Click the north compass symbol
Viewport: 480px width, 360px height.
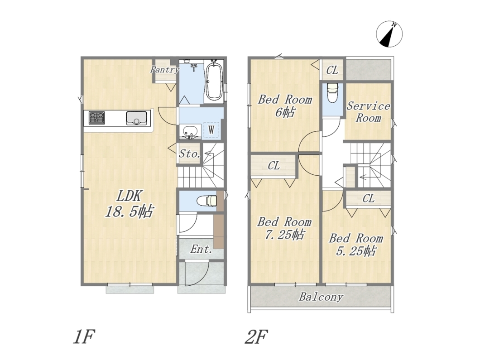389,34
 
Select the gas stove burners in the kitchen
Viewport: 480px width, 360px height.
97,118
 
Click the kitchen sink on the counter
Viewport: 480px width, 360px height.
137,118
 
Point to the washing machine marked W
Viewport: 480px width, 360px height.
211,130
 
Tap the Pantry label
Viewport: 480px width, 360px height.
164,69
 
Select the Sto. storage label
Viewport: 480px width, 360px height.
189,154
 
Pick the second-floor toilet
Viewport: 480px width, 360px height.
332,92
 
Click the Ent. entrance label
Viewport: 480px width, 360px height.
201,249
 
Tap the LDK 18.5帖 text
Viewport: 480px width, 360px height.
129,204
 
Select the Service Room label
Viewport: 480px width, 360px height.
368,112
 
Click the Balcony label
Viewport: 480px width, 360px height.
321,297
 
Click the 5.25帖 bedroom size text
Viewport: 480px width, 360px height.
356,251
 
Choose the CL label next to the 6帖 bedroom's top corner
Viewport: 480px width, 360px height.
332,70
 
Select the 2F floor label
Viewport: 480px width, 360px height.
257,336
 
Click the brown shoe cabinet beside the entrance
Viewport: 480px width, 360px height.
219,231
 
